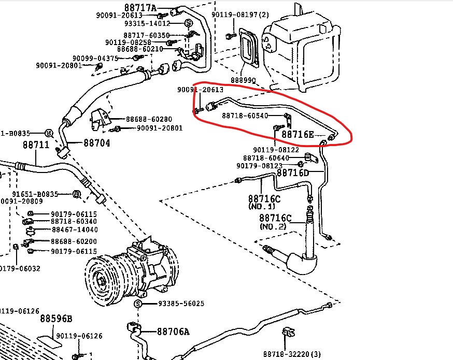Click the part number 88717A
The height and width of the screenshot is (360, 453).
tap(140, 7)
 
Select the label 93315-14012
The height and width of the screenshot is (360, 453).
tap(147, 24)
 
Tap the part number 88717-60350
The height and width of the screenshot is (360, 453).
tap(147, 35)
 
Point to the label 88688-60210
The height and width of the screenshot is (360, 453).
tap(140, 49)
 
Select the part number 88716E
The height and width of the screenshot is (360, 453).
tap(298, 135)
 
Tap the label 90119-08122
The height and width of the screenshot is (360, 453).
tap(276, 150)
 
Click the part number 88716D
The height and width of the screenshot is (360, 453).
tap(292, 172)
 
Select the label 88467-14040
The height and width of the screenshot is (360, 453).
tap(74, 229)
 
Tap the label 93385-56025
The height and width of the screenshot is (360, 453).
tap(174, 304)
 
